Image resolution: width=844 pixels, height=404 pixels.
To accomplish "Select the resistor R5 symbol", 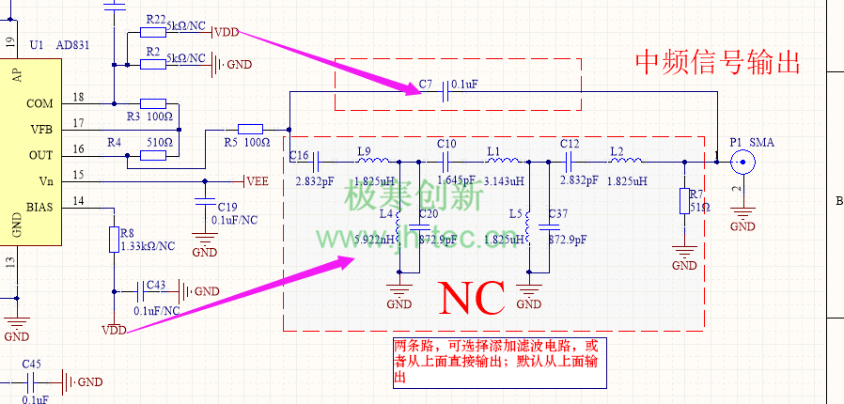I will tap(250, 129).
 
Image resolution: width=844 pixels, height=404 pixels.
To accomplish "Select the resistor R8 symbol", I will tap(114, 236).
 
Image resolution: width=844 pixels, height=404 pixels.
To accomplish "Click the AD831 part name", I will tap(72, 45).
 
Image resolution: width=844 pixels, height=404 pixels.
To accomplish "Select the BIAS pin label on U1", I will tap(39, 207).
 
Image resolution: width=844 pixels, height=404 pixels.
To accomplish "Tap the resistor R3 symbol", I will tap(153, 103).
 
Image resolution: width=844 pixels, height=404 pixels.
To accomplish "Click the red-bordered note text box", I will tap(494, 362).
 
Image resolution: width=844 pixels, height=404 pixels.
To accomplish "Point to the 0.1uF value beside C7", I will tap(464, 85).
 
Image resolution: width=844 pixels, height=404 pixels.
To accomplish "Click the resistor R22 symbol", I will tap(153, 32).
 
